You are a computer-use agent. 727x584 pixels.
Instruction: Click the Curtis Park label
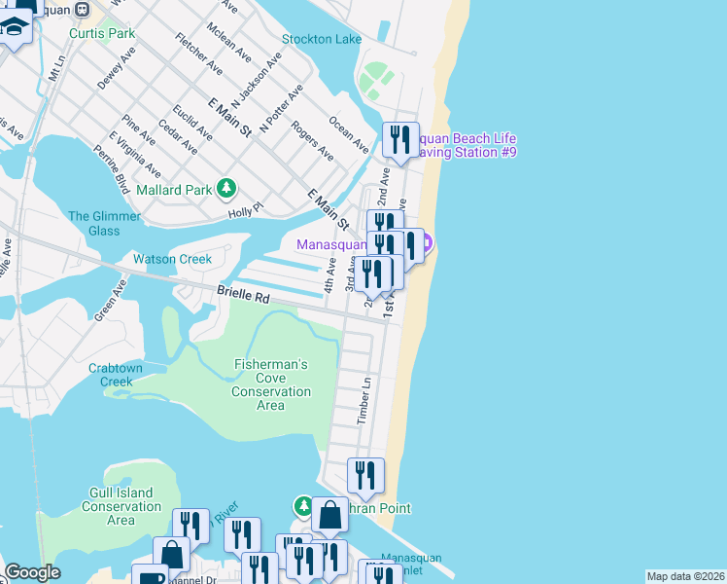coord(102,33)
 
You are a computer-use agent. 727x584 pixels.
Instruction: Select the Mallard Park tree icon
coord(226,187)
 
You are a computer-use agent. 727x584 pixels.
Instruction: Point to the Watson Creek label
coord(172,260)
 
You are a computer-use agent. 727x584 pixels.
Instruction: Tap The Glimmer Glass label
coord(94,224)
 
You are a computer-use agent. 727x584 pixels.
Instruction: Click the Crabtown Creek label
coord(116,375)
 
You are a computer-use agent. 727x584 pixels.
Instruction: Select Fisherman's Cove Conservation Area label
coord(271,384)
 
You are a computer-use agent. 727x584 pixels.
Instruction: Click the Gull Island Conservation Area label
coord(121,506)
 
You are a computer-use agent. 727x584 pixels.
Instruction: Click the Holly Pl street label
coord(245,209)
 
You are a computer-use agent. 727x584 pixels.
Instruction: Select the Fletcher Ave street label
coord(198,54)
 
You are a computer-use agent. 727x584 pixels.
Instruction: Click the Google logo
coord(32,572)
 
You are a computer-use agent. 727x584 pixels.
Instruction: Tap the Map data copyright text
coord(685,576)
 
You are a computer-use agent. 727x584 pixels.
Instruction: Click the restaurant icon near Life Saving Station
coord(400,139)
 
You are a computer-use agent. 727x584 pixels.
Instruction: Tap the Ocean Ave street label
coord(348,135)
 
